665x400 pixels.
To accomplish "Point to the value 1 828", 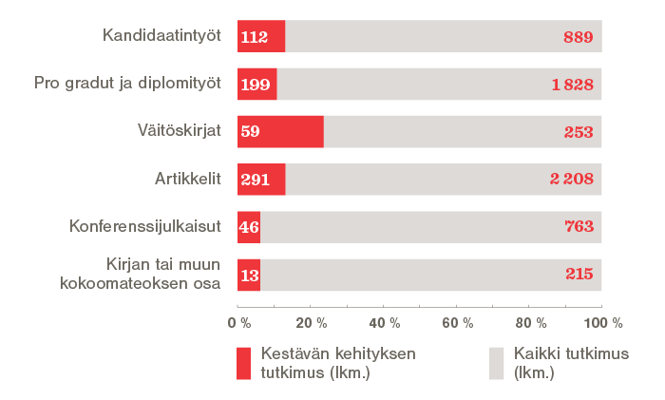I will pos(572,85).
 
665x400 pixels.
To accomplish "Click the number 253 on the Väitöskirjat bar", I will pos(578,132).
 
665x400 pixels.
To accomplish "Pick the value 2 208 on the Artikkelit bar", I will pos(572,179).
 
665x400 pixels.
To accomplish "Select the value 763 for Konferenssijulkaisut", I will pos(578,226).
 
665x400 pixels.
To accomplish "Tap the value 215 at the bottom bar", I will pos(578,274).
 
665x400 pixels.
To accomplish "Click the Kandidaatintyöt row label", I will pos(161,37).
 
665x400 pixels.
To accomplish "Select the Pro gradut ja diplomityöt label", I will pos(127,84).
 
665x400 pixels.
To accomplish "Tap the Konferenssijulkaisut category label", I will pos(145,226).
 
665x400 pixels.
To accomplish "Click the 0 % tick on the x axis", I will pos(237,322).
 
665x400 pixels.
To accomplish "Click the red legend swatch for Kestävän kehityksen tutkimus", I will pos(243,363).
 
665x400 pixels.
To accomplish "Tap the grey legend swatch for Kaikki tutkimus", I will pos(496,363).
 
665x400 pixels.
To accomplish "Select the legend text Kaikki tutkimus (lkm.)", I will pos(560,362).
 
